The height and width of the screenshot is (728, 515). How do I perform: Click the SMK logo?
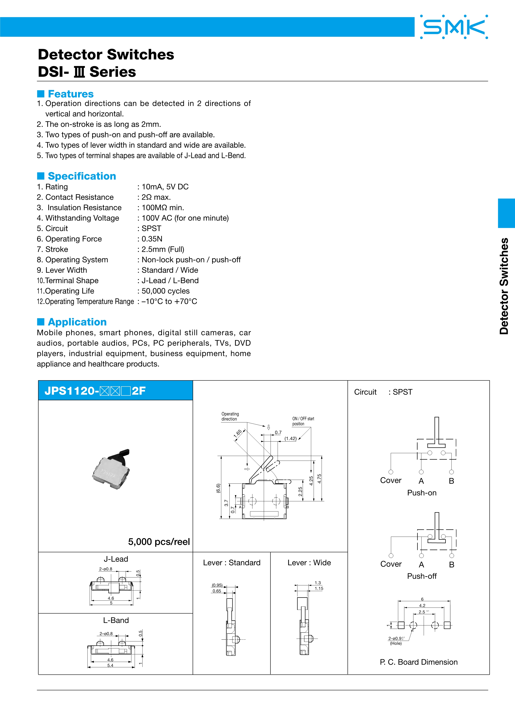click(x=454, y=27)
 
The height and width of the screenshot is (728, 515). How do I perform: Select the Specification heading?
click(x=82, y=176)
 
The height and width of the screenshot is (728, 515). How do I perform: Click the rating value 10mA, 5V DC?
click(x=165, y=187)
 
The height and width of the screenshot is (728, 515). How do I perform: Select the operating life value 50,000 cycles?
click(x=166, y=291)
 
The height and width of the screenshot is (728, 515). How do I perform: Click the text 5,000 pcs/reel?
click(x=159, y=542)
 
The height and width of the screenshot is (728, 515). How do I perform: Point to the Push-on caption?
click(x=422, y=493)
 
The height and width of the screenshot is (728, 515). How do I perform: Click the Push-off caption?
click(x=422, y=576)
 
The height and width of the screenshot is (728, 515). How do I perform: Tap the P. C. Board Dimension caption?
click(x=419, y=662)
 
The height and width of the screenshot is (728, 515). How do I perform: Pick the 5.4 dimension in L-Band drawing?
click(x=110, y=665)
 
